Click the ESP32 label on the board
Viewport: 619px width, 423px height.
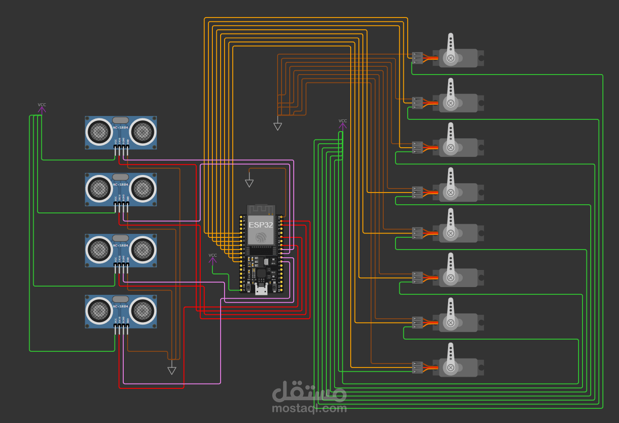tap(261, 225)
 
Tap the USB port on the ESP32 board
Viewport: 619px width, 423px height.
tap(261, 290)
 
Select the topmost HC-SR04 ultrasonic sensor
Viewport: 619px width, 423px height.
tap(121, 132)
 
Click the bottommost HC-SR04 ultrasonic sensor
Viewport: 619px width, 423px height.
tap(121, 311)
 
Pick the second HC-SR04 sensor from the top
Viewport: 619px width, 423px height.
tap(121, 189)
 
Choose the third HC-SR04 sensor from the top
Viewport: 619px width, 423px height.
tap(121, 250)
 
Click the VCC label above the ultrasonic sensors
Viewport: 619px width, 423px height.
tap(42, 105)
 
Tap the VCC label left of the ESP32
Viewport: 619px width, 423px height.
tap(213, 255)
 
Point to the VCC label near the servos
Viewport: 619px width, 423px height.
tap(343, 121)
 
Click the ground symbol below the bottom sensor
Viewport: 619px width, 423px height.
tap(171, 370)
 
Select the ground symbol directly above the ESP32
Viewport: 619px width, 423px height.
tap(249, 183)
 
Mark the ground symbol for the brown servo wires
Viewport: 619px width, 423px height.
tap(278, 127)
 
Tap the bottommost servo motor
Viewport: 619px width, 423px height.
tap(460, 367)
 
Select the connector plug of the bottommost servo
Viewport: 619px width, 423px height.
tap(417, 367)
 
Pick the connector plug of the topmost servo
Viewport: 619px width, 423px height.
tap(417, 58)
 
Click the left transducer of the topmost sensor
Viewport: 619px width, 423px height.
tap(100, 131)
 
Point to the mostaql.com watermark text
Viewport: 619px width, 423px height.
tap(309, 408)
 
